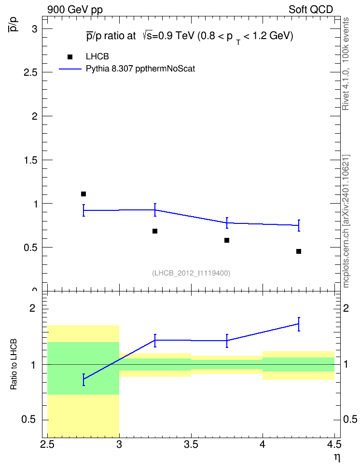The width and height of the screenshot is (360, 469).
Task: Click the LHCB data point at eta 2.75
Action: pyautogui.click(x=83, y=194)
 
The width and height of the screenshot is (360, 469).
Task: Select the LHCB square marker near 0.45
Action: pyautogui.click(x=299, y=251)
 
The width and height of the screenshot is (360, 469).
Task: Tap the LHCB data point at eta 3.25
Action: pyautogui.click(x=155, y=231)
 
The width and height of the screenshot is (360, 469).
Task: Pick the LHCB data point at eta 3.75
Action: pyautogui.click(x=227, y=240)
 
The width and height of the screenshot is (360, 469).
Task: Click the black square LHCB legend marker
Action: pyautogui.click(x=70, y=57)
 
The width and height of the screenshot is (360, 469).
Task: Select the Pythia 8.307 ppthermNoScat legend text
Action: pyautogui.click(x=140, y=69)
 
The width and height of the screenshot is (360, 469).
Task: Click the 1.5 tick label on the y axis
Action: pyautogui.click(x=31, y=160)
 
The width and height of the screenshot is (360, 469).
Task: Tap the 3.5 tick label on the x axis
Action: pyautogui.click(x=191, y=445)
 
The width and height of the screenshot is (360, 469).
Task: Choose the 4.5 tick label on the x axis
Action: pyautogui.click(x=334, y=445)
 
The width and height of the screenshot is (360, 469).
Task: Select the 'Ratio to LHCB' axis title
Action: pyautogui.click(x=14, y=364)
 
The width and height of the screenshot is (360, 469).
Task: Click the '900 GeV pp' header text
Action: pyautogui.click(x=75, y=10)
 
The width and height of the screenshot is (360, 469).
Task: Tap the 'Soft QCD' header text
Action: pyautogui.click(x=311, y=10)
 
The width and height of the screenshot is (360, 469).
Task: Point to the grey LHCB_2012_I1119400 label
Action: pyautogui.click(x=191, y=273)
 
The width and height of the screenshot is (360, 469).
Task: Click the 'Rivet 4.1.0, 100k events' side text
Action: pyautogui.click(x=346, y=64)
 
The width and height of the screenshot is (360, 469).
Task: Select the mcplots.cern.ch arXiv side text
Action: pyautogui.click(x=346, y=221)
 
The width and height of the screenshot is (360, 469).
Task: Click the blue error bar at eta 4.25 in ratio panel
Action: pyautogui.click(x=299, y=324)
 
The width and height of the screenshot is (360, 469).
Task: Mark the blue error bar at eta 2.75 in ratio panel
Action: pyautogui.click(x=83, y=380)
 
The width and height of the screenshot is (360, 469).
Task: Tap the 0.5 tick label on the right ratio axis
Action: pyautogui.click(x=350, y=419)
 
